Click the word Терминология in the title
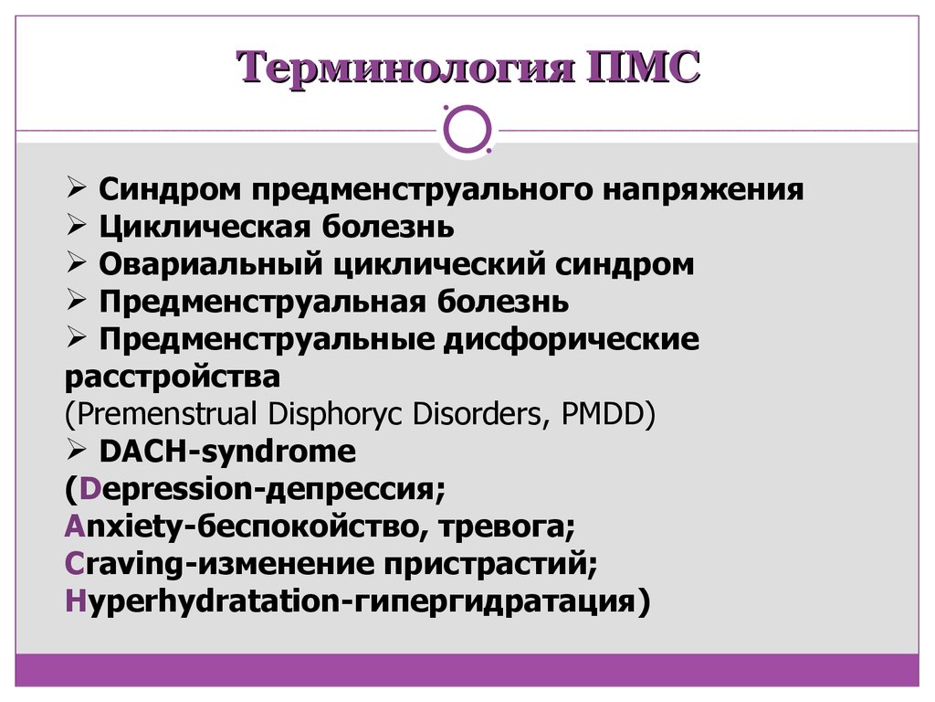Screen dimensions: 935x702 [x=405, y=67]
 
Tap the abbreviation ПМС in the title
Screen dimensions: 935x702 [x=644, y=66]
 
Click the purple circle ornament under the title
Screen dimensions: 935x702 [x=467, y=130]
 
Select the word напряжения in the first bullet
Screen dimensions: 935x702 [x=703, y=191]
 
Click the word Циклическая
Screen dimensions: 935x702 [x=205, y=228]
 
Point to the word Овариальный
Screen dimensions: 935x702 [x=211, y=264]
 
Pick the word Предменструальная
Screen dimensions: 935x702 [x=262, y=302]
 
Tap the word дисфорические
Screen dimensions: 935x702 [x=572, y=340]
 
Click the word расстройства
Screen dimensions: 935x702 [x=173, y=378]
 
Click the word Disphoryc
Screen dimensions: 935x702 [x=334, y=414]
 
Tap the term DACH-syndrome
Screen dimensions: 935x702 [x=227, y=452]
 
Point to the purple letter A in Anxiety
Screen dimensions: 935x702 [x=75, y=526]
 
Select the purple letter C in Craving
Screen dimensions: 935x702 [x=75, y=564]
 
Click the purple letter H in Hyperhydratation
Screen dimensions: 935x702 [x=76, y=601]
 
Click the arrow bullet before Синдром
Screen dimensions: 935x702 [x=77, y=187]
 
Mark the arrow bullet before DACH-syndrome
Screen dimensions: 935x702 [x=77, y=450]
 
